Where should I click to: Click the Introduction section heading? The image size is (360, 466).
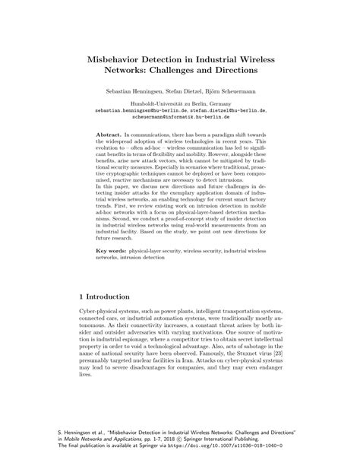[116, 295]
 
